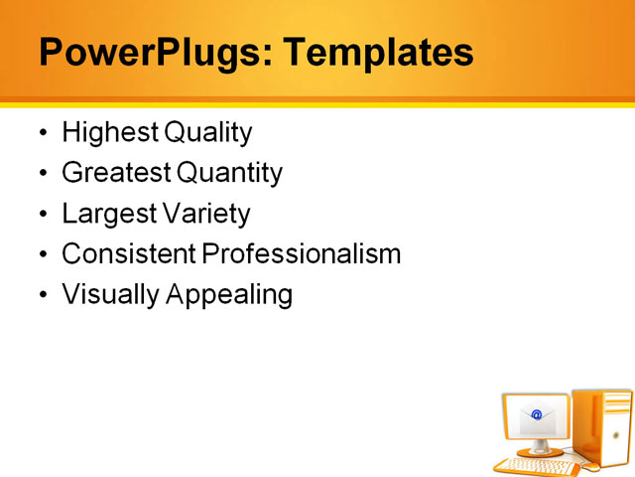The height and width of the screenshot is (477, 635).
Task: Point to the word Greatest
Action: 115,174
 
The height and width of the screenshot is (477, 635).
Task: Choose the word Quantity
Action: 230,174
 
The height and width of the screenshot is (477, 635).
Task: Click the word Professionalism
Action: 303,254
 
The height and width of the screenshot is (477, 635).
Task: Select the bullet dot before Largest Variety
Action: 42,215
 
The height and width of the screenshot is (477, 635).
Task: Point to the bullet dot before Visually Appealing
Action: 42,295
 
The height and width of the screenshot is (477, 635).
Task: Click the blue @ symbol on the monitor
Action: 537,414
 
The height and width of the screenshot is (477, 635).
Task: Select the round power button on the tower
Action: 615,435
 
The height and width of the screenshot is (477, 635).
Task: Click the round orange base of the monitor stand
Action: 541,452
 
